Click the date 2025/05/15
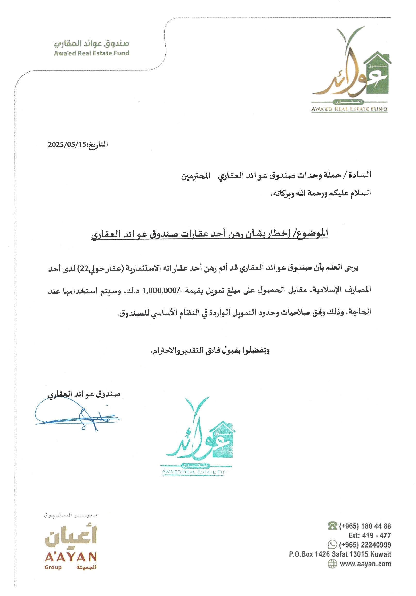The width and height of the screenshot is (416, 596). [x=67, y=144]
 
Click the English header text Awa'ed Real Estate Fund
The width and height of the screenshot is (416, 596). [x=92, y=53]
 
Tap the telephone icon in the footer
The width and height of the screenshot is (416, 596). [x=332, y=526]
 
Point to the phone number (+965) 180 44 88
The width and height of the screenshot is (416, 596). [x=365, y=526]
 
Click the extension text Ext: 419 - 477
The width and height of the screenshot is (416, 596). [x=370, y=535]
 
